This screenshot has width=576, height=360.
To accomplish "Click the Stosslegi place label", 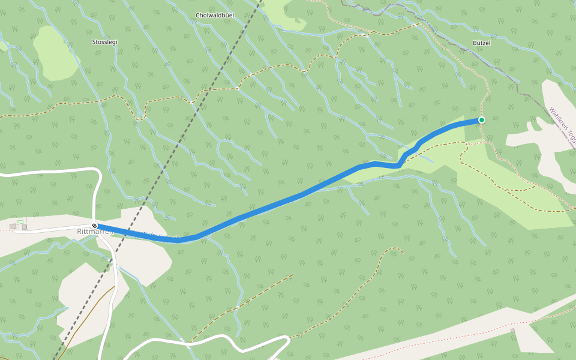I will [104, 42].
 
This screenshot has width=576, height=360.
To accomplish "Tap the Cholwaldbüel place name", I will [214, 15].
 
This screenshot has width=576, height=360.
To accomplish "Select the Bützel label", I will [481, 43].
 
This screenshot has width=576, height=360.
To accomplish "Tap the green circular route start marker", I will [481, 120].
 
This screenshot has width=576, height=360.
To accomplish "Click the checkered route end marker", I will [94, 226].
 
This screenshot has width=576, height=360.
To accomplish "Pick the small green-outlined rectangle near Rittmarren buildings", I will [20, 222].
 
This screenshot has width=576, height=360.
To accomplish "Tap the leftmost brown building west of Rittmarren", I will [13, 227].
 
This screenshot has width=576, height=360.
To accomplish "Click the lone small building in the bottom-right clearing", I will [512, 331].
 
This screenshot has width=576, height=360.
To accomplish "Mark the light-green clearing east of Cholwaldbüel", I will [282, 12].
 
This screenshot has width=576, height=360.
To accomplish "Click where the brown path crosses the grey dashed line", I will [192, 101].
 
